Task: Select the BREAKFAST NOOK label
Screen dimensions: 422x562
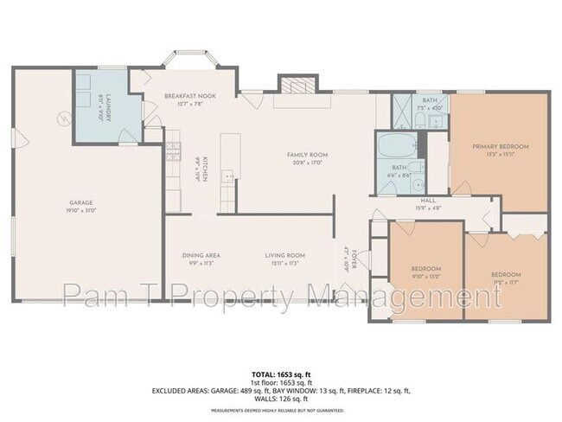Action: pyautogui.click(x=190, y=96)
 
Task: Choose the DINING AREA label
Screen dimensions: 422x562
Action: pyautogui.click(x=201, y=255)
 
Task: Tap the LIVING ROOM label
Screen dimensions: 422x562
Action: pyautogui.click(x=284, y=255)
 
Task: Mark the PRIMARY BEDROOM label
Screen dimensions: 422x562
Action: pyautogui.click(x=500, y=147)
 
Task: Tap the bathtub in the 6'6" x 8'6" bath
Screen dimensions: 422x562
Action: pyautogui.click(x=399, y=143)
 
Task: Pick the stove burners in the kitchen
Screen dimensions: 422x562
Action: pyautogui.click(x=172, y=138)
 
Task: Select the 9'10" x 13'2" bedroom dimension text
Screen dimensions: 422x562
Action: pyautogui.click(x=425, y=277)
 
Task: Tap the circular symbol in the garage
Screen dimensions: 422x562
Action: pyautogui.click(x=62, y=118)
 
